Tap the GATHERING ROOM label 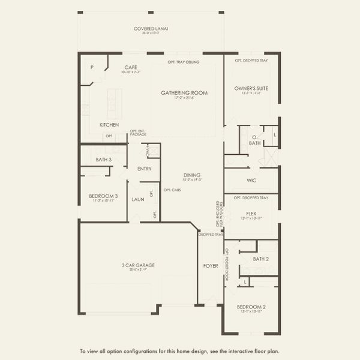(x=184, y=93)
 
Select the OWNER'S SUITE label (x=251, y=88)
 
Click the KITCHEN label (x=109, y=125)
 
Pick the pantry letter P (x=92, y=68)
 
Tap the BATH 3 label (x=104, y=160)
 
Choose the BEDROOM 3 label (x=103, y=196)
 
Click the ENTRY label (x=144, y=169)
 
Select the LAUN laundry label (x=137, y=199)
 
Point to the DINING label (x=192, y=175)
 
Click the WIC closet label (x=251, y=180)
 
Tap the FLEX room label (x=251, y=213)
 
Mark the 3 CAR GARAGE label (x=137, y=265)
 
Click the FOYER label (x=211, y=265)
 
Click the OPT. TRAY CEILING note (x=184, y=62)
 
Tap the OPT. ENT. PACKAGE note (x=138, y=133)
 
